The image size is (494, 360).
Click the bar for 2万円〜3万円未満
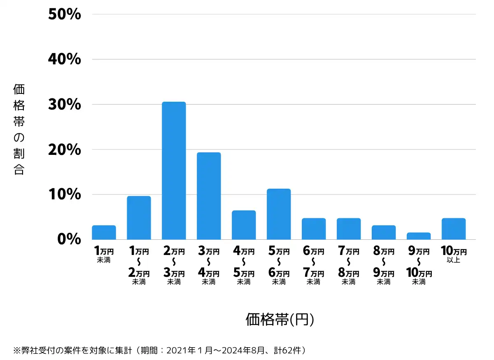coord(174,171)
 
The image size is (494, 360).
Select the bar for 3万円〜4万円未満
coord(209,196)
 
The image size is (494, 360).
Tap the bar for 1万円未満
coord(104,232)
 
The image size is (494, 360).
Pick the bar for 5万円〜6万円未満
coord(279,214)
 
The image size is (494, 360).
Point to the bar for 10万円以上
coord(453,229)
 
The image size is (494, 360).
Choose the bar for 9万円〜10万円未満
coord(418,236)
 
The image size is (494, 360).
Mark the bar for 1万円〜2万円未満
coord(139,218)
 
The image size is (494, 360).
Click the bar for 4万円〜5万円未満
coord(244,225)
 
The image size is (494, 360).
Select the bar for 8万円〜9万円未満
coord(383,232)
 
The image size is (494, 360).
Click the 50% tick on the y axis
coord(64,15)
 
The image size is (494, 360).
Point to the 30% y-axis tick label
coord(64,105)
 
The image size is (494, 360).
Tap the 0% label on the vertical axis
coord(69,239)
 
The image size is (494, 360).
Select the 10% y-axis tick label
coord(64,194)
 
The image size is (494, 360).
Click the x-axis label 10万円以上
coord(453,255)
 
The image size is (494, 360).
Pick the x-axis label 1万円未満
coord(104,255)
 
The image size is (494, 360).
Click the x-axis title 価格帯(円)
coord(280,320)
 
